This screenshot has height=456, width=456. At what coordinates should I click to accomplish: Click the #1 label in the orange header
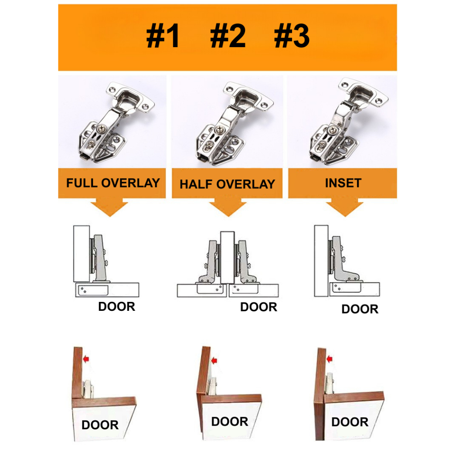coord(163,36)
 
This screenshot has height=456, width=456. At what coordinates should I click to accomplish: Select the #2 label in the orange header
coord(228,36)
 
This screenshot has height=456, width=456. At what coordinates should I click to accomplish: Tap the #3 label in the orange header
coord(292,36)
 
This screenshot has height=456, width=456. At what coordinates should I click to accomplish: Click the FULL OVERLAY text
coord(113,183)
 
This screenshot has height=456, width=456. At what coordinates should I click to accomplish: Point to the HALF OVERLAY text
coord(227,184)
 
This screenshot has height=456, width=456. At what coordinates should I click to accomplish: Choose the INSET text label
coord(343,183)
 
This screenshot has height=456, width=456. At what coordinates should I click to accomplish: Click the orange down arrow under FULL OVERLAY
coord(110,208)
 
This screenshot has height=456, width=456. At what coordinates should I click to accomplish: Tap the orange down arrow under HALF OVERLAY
coord(228,208)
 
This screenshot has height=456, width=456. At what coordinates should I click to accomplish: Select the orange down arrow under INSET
coord(345,208)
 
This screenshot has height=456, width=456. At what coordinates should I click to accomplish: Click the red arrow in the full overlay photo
coord(86,359)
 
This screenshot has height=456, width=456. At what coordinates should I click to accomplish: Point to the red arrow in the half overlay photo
coord(214,361)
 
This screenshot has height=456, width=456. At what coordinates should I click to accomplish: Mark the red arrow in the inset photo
coord(329,359)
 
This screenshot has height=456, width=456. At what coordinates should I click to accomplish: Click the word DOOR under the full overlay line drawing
coord(117,306)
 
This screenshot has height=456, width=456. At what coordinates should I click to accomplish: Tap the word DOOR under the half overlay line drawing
coord(259,307)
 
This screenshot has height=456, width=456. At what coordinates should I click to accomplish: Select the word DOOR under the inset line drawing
coord(360,309)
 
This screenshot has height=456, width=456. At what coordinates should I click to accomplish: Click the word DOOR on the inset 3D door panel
coord(350,422)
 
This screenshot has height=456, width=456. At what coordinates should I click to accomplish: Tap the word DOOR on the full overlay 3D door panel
coord(100,425)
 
